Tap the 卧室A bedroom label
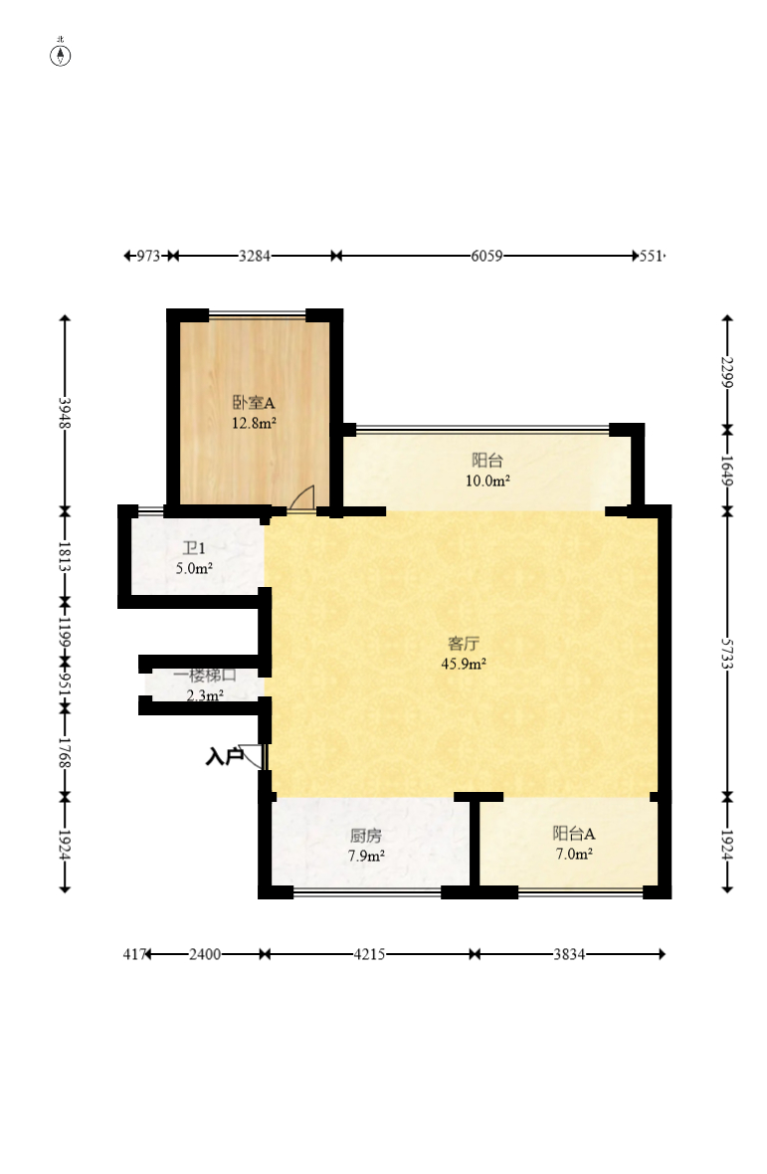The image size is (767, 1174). [254, 403]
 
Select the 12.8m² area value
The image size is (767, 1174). [254, 423]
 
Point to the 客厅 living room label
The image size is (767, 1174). [464, 643]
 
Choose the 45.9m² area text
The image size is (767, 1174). [464, 664]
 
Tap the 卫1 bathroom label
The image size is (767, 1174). [194, 548]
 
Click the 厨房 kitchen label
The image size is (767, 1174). [366, 836]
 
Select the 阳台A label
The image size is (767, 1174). [574, 834]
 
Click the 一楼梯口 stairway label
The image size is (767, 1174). [205, 676]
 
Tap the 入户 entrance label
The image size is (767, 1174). [224, 757]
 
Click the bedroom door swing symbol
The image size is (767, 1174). [302, 498]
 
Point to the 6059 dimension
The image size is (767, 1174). [486, 256]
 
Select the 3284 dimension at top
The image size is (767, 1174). [255, 256]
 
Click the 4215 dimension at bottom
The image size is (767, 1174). [370, 955]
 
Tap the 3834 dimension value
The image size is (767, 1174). [569, 955]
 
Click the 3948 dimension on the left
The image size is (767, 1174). [65, 413]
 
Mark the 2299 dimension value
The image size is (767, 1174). [727, 372]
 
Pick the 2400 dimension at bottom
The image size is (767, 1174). [205, 955]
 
